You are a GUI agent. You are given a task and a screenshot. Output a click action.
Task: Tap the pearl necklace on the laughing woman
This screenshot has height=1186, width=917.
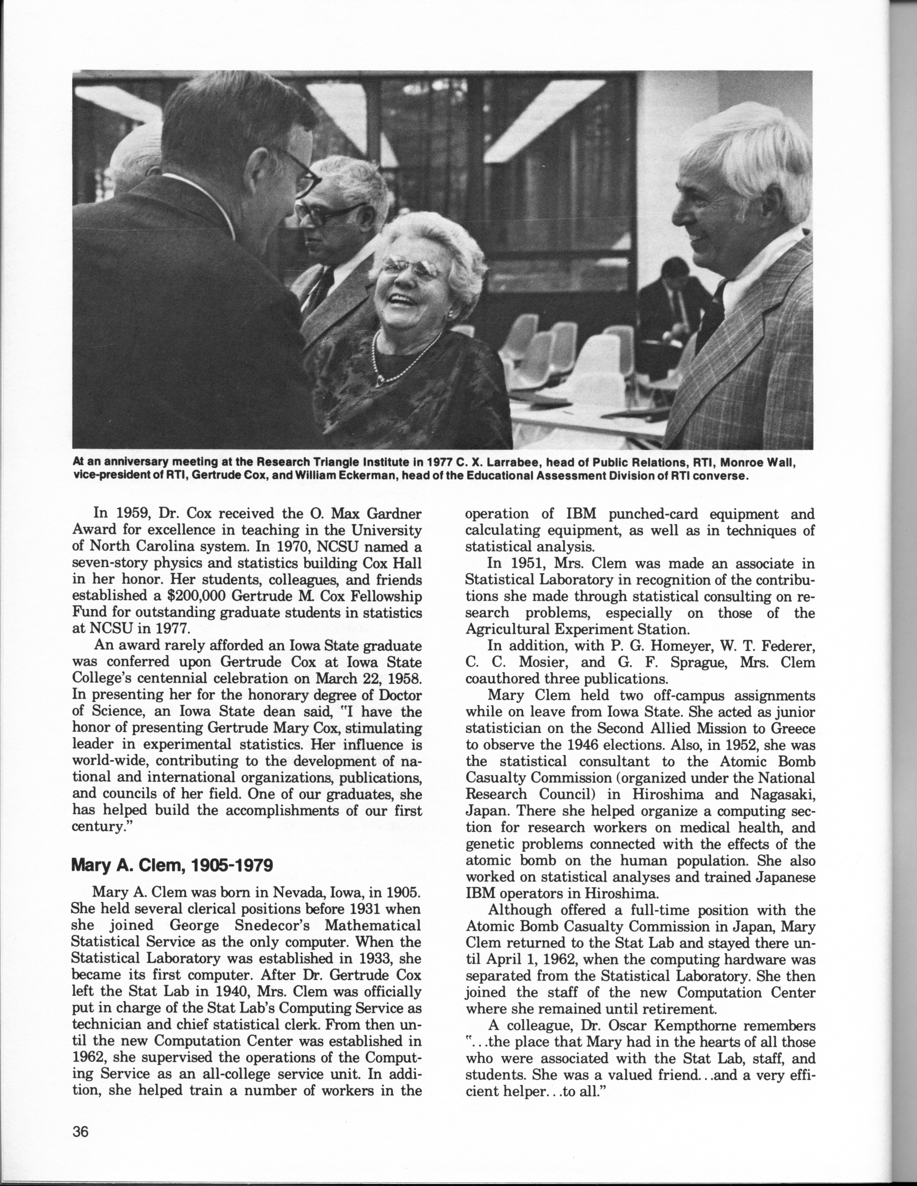405,361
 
